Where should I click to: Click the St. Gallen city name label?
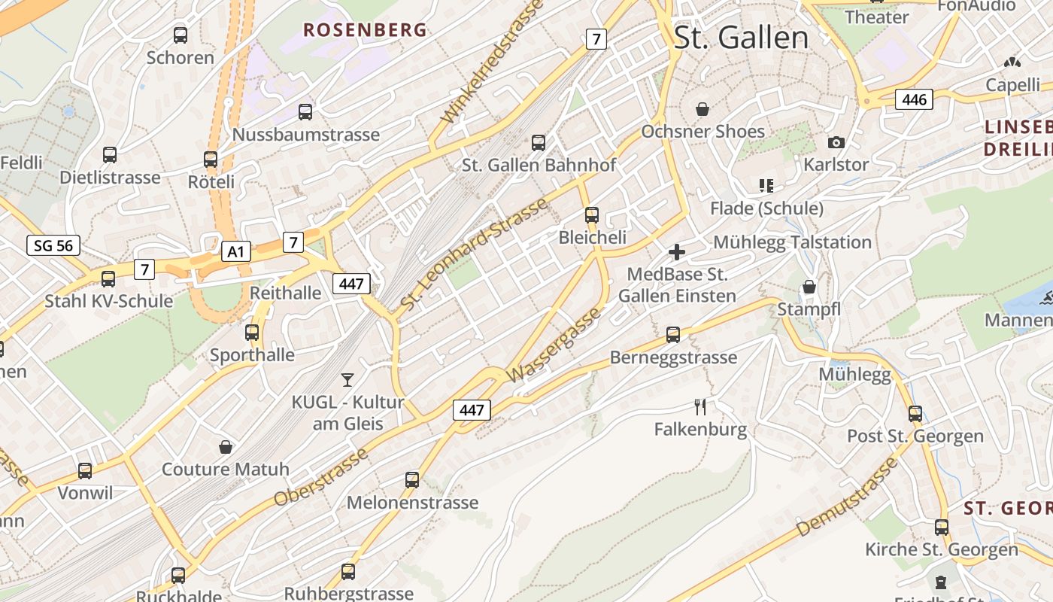pos(741,38)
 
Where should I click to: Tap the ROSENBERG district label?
pos(365,30)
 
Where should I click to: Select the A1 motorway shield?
pos(236,251)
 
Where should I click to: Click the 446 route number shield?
pos(914,99)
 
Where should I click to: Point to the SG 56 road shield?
pos(53,245)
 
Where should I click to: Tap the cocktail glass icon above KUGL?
pos(347,379)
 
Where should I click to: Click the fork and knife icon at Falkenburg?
pos(700,407)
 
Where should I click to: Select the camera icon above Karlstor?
pos(836,142)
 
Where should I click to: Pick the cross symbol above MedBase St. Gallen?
pos(676,252)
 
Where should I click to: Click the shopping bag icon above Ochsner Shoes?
pos(703,110)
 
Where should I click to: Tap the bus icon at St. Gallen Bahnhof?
pos(539,142)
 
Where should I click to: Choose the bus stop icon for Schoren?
pos(181,35)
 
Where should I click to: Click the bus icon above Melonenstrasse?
pos(412,479)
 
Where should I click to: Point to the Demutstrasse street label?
pos(846,497)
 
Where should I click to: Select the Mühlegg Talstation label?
pos(792,242)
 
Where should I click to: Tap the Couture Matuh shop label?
pos(226,470)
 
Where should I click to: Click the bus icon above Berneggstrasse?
pos(673,334)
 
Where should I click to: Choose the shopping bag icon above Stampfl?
pos(809,287)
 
